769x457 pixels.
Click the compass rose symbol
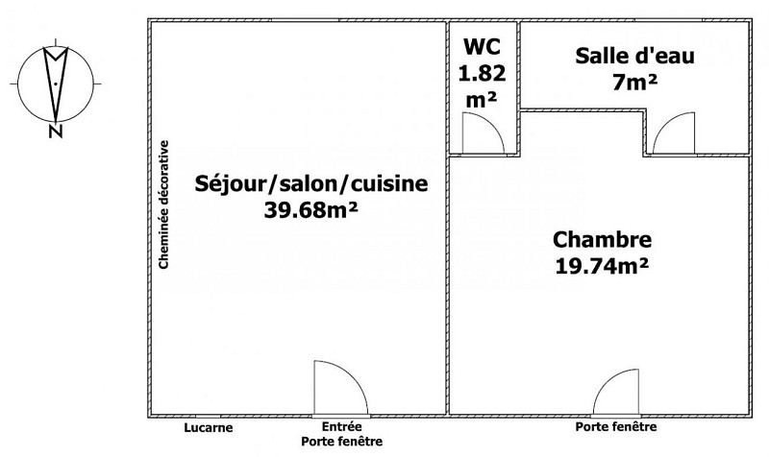coord(56,81)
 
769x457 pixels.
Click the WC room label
coord(484,46)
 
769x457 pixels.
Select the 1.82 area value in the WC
coord(484,71)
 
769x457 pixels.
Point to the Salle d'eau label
coord(634,57)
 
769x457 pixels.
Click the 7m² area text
coord(634,82)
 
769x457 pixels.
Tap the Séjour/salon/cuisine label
coord(311,182)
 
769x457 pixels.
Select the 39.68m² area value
coord(311,208)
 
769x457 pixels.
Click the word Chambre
coord(602,239)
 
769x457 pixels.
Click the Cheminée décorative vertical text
coord(164,204)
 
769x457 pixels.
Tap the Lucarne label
coord(209,427)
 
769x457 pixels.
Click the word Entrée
coord(342,427)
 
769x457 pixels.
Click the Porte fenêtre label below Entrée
coord(342,442)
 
